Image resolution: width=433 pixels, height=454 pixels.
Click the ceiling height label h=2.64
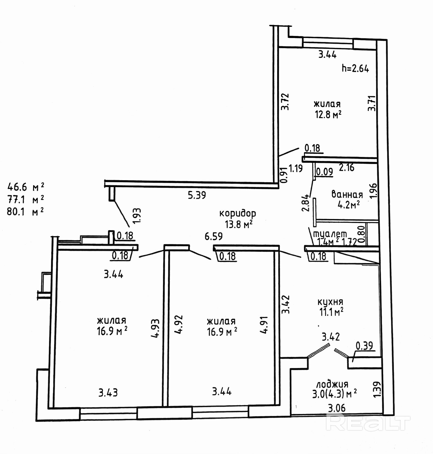pos(355,68)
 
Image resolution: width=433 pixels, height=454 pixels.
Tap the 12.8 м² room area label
pos(328,114)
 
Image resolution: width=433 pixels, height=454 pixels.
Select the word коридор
pos(238,213)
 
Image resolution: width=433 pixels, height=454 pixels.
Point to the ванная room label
pos(347,195)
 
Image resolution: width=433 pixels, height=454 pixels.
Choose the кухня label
pos(330,302)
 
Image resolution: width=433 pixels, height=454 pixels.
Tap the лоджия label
pos(332,384)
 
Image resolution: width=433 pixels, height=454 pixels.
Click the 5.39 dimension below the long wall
pos(197,195)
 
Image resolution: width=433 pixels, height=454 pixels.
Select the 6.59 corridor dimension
pos(214,236)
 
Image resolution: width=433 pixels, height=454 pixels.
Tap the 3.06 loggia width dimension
pos(337,408)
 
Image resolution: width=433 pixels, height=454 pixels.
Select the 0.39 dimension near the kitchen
pos(364,346)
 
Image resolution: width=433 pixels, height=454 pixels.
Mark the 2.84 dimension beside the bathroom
pos(305,203)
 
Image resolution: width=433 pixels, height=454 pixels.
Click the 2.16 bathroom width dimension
pos(347,168)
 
